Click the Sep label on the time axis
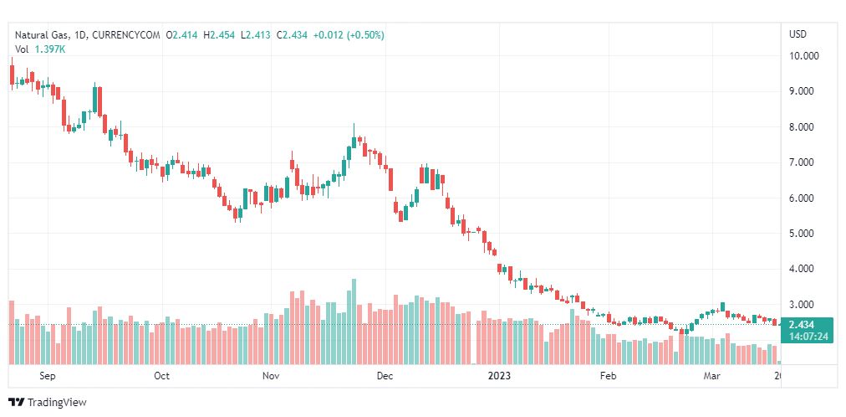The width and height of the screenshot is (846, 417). click(47, 376)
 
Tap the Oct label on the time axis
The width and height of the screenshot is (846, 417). click(161, 376)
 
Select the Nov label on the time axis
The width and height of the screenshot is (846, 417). click(270, 376)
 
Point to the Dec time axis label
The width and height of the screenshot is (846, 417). click(384, 376)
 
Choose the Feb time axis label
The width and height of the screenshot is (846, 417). click(608, 376)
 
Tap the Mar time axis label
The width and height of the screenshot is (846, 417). click(711, 376)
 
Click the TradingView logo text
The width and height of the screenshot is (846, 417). click(57, 403)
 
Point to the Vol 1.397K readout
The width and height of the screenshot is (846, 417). click(41, 49)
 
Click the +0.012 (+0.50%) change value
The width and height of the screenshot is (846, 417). click(349, 34)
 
